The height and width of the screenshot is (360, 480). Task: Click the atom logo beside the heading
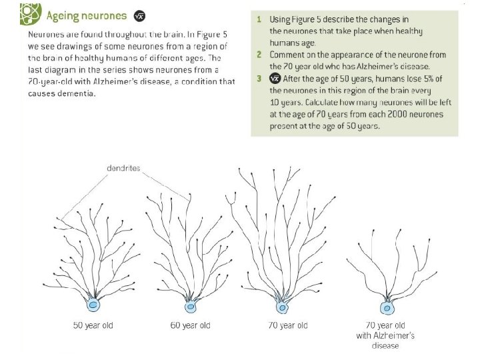point(29,14)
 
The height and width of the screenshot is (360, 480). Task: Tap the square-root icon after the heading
point(139,16)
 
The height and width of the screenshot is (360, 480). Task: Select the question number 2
point(259,55)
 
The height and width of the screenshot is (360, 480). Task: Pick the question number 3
point(259,79)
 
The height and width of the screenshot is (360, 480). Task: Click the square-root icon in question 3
point(274,79)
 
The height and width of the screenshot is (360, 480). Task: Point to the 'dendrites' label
point(123,169)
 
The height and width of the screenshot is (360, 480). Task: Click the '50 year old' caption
point(94,325)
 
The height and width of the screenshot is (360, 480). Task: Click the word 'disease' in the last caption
point(385,346)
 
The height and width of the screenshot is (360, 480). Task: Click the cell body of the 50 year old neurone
point(95,305)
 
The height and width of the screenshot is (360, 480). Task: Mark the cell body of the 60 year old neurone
point(191,307)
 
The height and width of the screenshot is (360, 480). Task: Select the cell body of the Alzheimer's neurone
point(385,307)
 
